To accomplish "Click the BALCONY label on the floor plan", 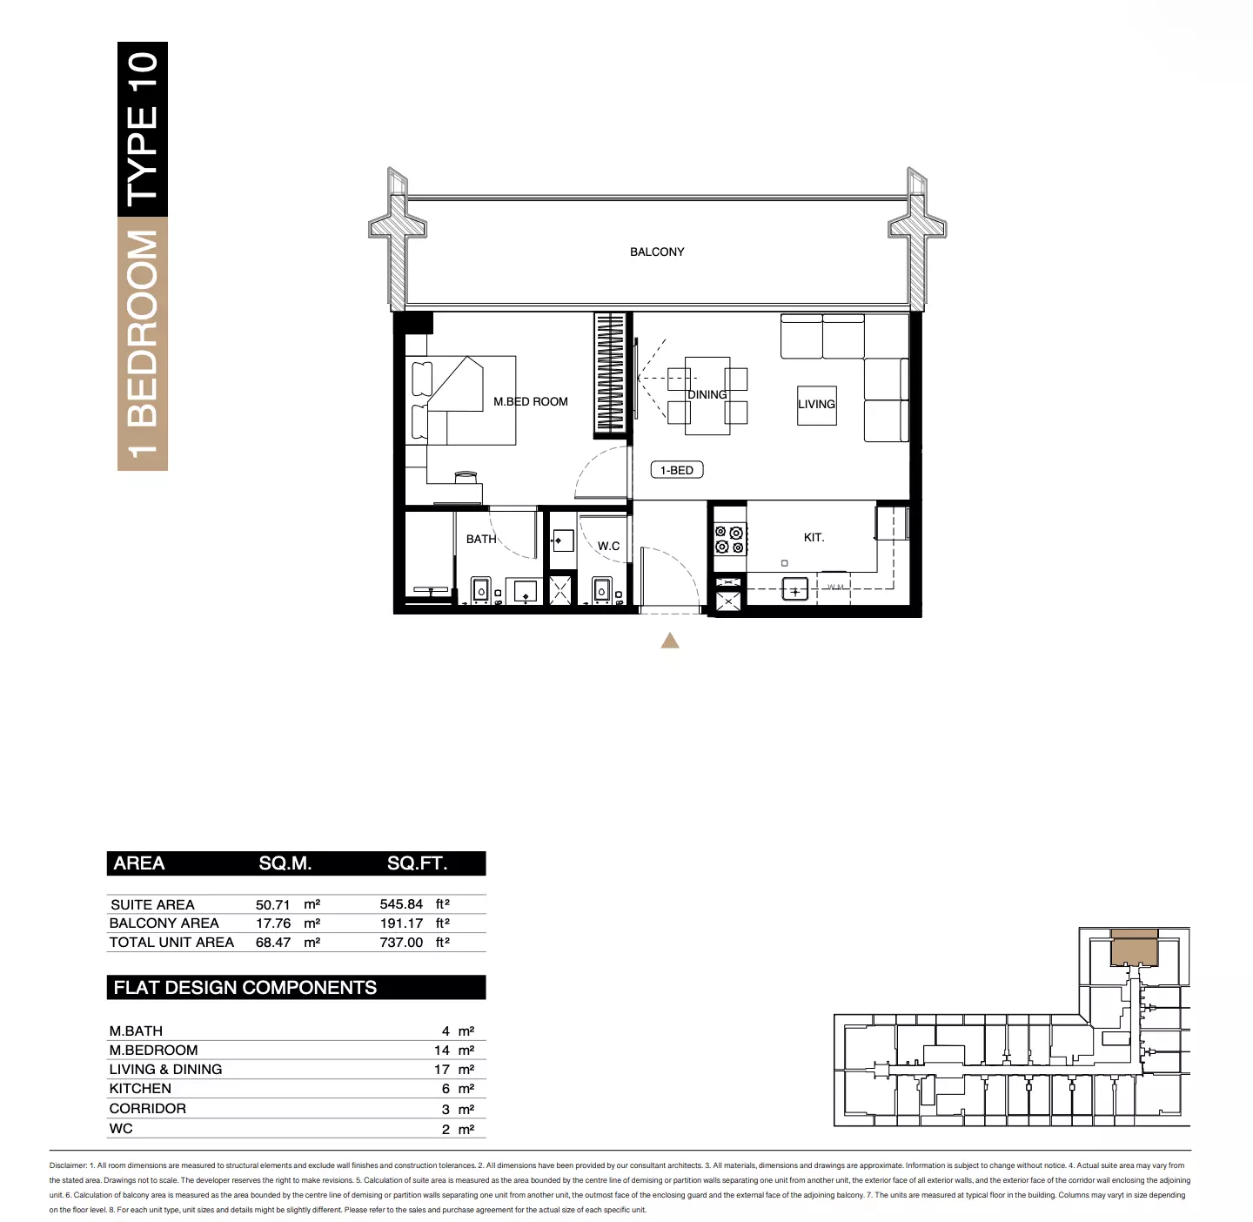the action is [657, 252].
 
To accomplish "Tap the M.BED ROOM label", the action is [531, 401].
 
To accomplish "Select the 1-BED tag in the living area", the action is [677, 470].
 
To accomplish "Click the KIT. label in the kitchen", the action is [814, 537].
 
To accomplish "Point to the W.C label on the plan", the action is [608, 547].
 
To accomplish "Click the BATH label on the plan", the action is [482, 539].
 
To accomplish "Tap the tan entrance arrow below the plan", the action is [670, 641].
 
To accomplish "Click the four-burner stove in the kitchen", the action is [729, 540].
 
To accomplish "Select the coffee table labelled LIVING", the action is [816, 406].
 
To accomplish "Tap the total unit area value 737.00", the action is [401, 943].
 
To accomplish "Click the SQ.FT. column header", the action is [417, 863].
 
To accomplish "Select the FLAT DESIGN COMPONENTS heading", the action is [245, 988].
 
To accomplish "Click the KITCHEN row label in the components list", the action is [140, 1089].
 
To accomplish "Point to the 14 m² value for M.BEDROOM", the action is [454, 1051].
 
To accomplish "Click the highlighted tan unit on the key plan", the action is [1134, 948].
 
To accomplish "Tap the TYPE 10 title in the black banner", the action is [143, 129].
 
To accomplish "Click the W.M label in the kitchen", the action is [835, 587].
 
